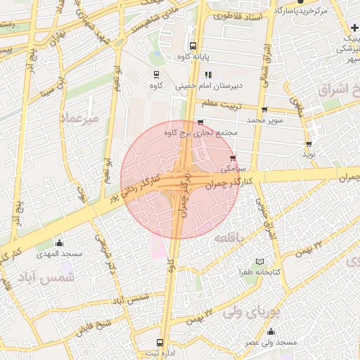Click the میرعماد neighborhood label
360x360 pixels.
82,117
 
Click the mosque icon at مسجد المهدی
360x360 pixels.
59,243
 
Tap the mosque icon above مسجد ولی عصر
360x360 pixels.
271,332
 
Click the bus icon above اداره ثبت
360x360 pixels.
160,342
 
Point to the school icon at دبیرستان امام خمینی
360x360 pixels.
207,75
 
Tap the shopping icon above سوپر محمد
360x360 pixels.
264,110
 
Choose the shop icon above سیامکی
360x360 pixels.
233,158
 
